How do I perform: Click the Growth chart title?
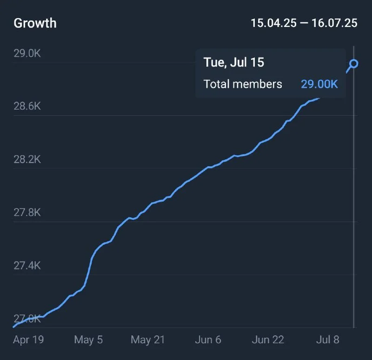pyautogui.click(x=35, y=23)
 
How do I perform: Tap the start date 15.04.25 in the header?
pyautogui.click(x=273, y=23)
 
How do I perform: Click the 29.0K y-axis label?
pyautogui.click(x=27, y=53)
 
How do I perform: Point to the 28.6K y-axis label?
pyautogui.click(x=27, y=106)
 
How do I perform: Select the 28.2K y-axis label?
pyautogui.click(x=27, y=160)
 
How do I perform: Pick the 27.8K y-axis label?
pyautogui.click(x=27, y=213)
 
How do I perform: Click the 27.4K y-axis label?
pyautogui.click(x=27, y=266)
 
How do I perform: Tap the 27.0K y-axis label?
pyautogui.click(x=27, y=319)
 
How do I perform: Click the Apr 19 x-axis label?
pyautogui.click(x=28, y=340)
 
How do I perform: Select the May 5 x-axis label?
pyautogui.click(x=88, y=340)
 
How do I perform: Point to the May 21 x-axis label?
pyautogui.click(x=147, y=340)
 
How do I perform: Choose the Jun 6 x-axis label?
pyautogui.click(x=208, y=340)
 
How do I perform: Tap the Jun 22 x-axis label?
pyautogui.click(x=268, y=340)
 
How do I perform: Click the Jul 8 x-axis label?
pyautogui.click(x=327, y=340)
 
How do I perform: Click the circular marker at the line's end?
pyautogui.click(x=354, y=64)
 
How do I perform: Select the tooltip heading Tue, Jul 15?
pyautogui.click(x=234, y=63)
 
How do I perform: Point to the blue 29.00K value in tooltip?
pyautogui.click(x=319, y=84)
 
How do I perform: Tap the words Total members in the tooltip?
pyautogui.click(x=243, y=84)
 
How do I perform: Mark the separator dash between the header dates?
pyautogui.click(x=304, y=23)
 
